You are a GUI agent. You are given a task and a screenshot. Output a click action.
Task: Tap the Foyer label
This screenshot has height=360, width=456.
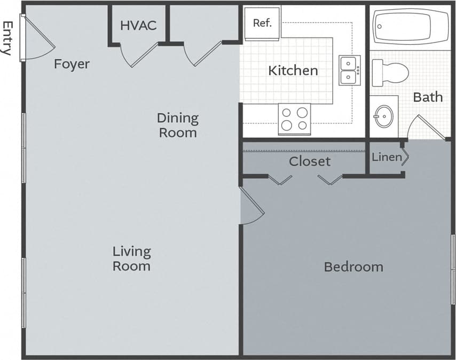[x=72, y=64]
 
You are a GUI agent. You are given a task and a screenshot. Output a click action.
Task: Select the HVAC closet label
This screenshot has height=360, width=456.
[x=138, y=25]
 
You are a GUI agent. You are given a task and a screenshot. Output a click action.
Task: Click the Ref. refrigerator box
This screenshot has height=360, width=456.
[x=262, y=24]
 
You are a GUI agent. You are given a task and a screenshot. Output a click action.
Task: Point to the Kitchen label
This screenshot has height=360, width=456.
[x=293, y=71]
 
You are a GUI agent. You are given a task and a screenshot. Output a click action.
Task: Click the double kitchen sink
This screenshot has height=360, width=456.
[x=349, y=71]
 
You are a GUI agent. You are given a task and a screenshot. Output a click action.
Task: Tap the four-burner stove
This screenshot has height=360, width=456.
[x=294, y=119]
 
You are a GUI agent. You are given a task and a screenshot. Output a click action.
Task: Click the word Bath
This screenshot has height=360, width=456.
[x=428, y=97]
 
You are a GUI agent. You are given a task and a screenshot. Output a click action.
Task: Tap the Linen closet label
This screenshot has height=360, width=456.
[x=387, y=157]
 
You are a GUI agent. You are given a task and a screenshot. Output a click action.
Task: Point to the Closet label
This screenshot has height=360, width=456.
[x=310, y=161]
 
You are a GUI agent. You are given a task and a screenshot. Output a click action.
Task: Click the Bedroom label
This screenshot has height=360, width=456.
[x=353, y=267]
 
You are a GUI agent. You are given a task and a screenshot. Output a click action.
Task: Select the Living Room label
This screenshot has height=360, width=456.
[x=132, y=259]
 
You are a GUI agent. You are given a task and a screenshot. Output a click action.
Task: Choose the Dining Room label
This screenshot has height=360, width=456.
[x=178, y=125]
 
